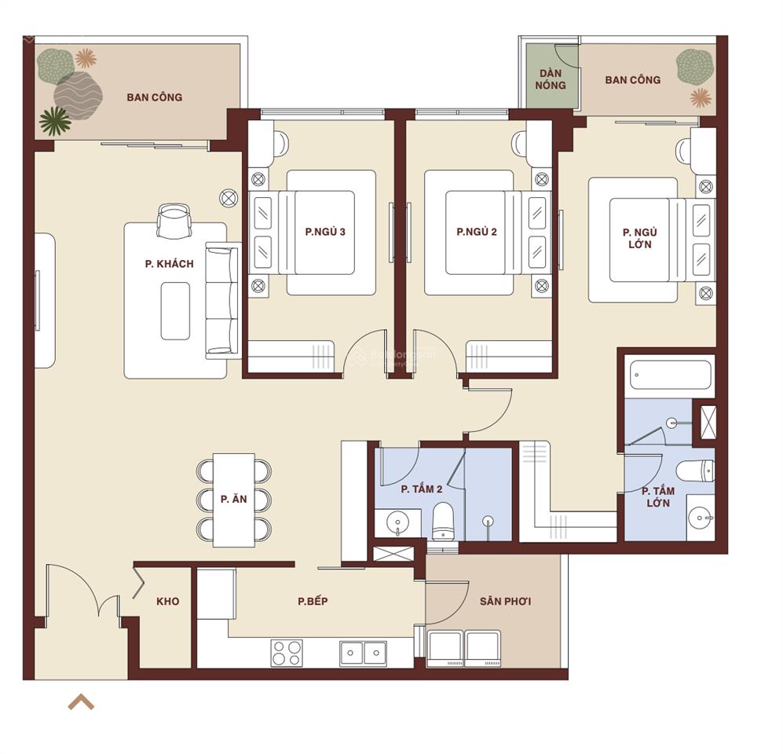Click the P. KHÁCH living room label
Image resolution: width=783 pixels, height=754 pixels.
170,264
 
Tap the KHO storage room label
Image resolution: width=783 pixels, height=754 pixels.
168,601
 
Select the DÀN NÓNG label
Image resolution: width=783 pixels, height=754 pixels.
551,79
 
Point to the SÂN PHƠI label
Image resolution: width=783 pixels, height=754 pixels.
505,601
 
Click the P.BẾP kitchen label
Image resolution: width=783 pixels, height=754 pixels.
313,601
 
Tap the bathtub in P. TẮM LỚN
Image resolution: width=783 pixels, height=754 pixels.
670,375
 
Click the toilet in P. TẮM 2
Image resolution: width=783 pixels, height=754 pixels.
442,522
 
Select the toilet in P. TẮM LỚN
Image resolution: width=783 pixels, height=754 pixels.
695,471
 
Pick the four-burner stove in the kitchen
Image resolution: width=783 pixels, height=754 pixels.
287,653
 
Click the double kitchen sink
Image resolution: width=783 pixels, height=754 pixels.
363,653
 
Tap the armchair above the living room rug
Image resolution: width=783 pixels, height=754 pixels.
174,221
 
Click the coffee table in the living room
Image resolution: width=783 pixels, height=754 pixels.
175,311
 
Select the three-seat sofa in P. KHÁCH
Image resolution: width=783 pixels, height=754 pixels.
222,301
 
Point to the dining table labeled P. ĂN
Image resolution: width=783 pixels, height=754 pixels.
234,500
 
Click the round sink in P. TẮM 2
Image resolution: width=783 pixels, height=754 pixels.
398,523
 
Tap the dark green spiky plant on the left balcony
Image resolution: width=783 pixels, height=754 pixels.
54,121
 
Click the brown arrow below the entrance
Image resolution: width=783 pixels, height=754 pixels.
82,702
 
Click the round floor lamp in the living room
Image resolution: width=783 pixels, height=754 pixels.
229,198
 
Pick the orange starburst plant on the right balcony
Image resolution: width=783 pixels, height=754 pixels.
701,98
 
